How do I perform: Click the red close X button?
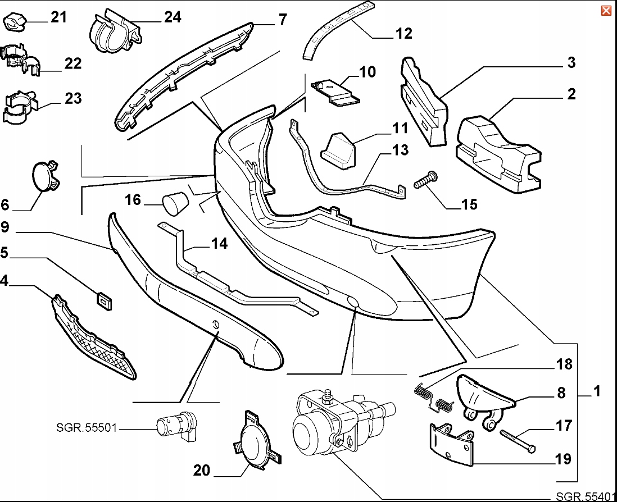tap(606, 11)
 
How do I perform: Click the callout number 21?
tap(58, 17)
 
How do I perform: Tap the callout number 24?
tap(173, 17)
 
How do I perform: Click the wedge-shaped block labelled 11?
tap(339, 149)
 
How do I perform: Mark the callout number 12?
tap(403, 33)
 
